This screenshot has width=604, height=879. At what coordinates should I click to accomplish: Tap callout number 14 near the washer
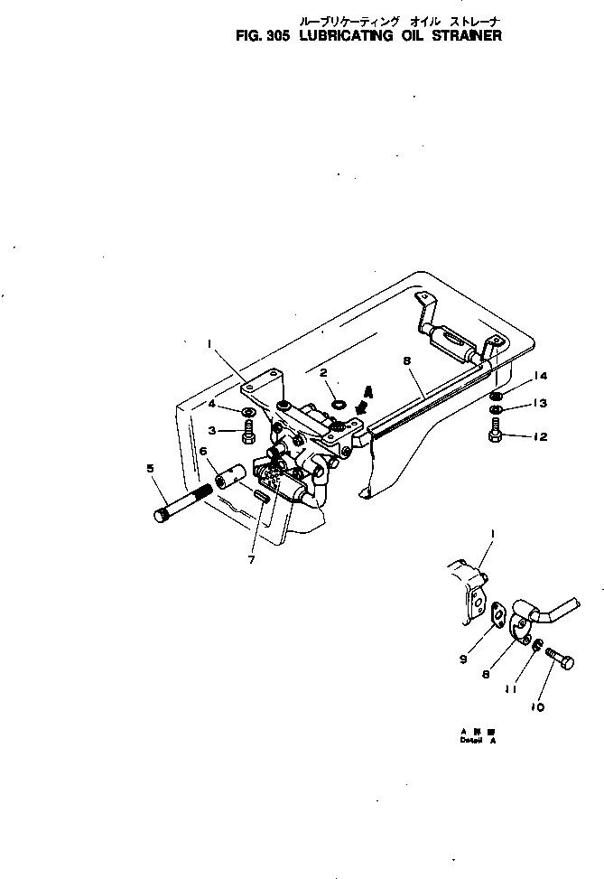541,376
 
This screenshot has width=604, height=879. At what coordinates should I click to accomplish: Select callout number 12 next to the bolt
541,437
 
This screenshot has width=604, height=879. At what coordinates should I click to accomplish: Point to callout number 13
541,403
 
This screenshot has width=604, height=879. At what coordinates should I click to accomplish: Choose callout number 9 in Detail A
462,659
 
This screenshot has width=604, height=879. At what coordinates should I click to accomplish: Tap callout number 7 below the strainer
251,559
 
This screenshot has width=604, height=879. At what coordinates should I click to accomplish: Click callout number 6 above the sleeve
203,451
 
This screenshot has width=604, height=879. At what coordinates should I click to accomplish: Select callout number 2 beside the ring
322,371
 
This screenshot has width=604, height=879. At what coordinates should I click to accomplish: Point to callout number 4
211,404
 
